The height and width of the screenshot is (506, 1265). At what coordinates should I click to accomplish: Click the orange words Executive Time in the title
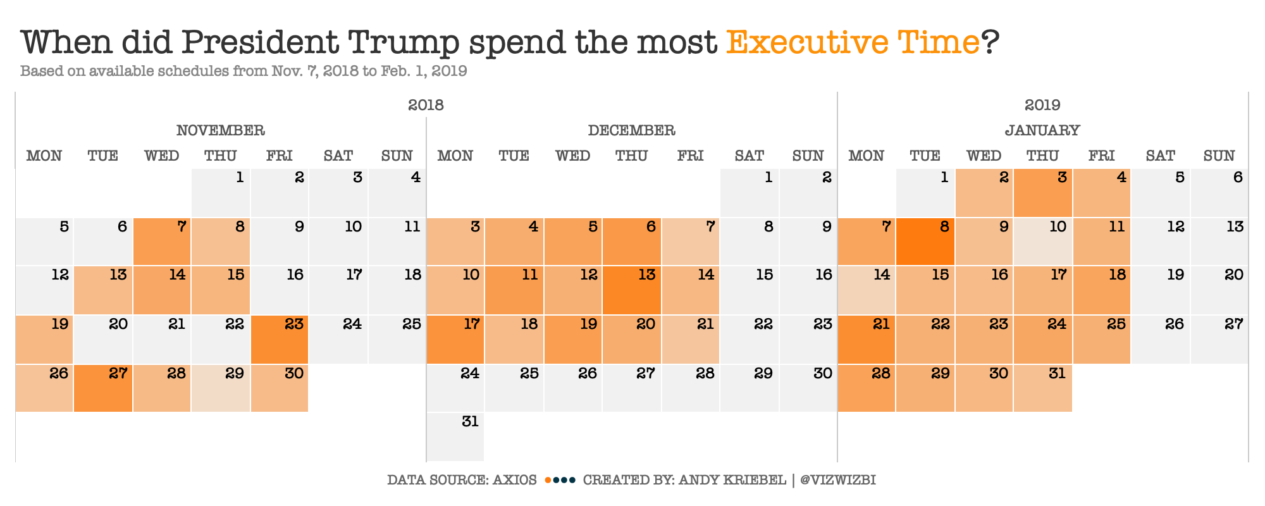(x=853, y=42)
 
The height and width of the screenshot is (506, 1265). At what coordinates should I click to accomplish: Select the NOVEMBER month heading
(x=220, y=130)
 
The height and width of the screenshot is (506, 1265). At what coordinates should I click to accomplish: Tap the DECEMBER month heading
(x=631, y=130)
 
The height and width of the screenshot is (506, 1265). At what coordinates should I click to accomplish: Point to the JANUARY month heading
(x=1042, y=130)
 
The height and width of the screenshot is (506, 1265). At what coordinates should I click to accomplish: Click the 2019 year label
(x=1042, y=105)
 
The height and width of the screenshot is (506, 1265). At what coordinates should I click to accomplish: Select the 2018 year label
(x=426, y=105)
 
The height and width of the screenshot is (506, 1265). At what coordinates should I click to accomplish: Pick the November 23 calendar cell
(x=280, y=339)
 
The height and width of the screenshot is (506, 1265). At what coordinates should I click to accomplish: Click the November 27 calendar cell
(x=103, y=388)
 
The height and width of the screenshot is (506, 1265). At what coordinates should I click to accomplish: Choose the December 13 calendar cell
(x=631, y=290)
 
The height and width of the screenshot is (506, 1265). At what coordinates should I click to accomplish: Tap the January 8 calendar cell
(x=925, y=242)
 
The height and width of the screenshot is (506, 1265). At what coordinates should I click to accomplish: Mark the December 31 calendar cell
(x=455, y=436)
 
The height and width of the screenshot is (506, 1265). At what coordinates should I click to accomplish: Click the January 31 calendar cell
(x=1042, y=388)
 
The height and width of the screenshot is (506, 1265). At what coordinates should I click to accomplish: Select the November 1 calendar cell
(x=221, y=192)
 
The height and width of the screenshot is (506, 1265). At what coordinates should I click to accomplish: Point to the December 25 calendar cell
(x=514, y=388)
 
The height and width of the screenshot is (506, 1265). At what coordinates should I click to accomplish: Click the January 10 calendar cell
(x=1042, y=242)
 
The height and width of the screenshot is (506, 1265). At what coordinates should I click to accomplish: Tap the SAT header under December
(x=750, y=156)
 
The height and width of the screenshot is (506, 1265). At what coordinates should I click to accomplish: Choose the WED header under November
(x=162, y=156)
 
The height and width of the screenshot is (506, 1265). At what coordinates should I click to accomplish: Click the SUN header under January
(x=1219, y=156)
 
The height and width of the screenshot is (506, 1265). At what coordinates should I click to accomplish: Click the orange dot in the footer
(x=548, y=480)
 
